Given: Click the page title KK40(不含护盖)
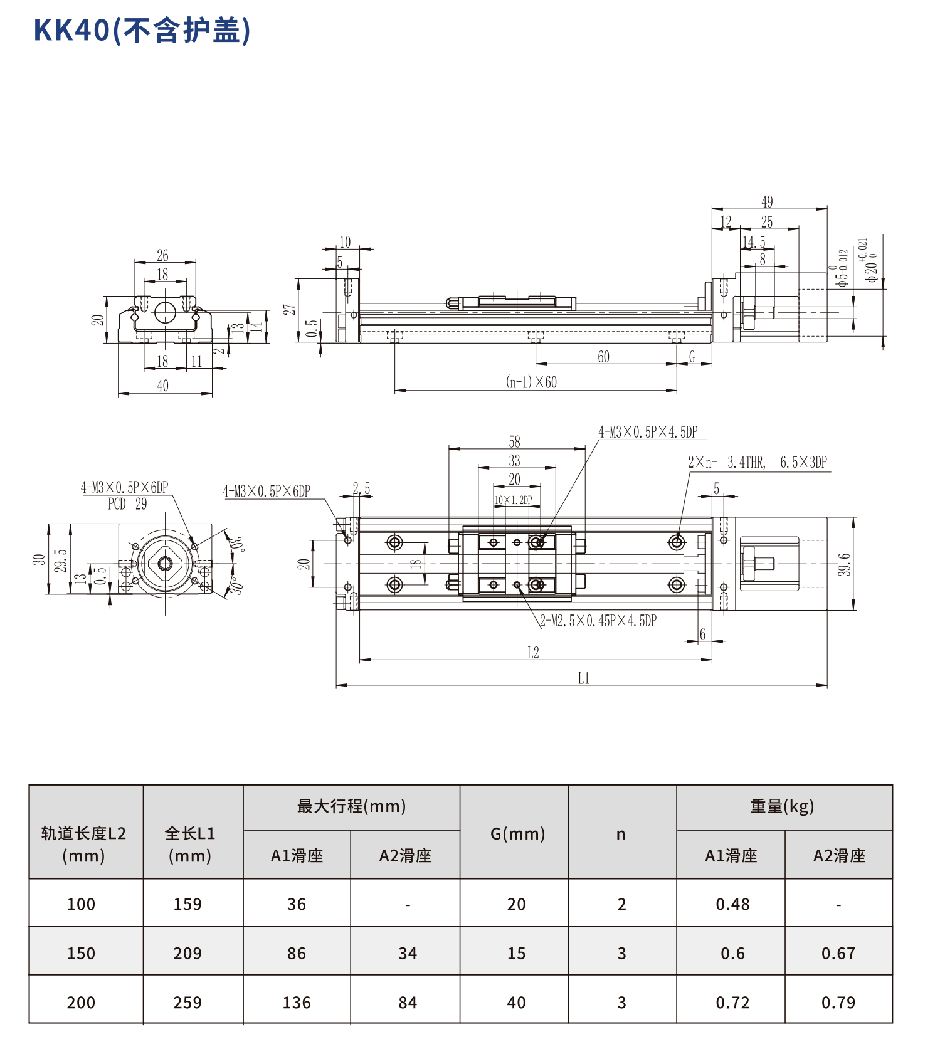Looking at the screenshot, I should tap(142, 30).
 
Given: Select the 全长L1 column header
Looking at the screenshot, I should tap(190, 844).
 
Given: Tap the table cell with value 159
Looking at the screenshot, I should tap(187, 904).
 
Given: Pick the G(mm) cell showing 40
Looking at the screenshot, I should tap(516, 1003).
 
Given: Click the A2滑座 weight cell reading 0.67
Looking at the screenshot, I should tap(838, 953).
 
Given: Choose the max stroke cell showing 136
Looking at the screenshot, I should tap(297, 1003).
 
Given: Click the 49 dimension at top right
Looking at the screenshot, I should tap(767, 202).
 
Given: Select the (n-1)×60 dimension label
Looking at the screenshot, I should tap(531, 382).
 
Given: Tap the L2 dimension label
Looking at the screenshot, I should tap(533, 653).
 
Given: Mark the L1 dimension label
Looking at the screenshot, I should tap(583, 678).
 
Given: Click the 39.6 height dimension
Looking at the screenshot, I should tap(845, 564).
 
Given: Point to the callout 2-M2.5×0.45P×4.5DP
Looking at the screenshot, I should tap(598, 621).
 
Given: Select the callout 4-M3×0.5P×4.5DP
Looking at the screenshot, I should tap(648, 431).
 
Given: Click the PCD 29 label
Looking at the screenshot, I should tap(127, 504).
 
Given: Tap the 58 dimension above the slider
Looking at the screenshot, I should tap(514, 441).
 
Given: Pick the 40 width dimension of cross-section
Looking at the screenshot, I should tap(162, 386).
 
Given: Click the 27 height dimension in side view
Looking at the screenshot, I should tap(289, 310).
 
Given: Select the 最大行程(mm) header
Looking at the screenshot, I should tap(351, 806).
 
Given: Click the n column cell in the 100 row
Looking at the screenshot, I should tap(621, 904).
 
